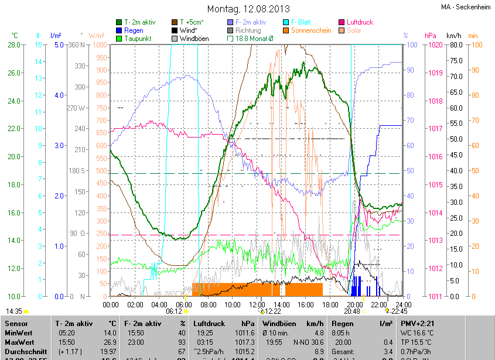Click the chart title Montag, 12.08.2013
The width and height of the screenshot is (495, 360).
click(x=248, y=9)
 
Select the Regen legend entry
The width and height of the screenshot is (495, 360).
click(x=134, y=30)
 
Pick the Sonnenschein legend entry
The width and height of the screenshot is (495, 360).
click(x=310, y=30)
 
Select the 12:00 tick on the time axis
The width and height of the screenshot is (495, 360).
click(x=257, y=304)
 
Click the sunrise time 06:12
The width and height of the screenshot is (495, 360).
click(x=174, y=312)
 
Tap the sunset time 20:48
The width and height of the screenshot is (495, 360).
click(x=351, y=312)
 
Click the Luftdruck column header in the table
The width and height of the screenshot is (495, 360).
click(x=207, y=323)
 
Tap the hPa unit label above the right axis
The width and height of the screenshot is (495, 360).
click(x=431, y=35)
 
